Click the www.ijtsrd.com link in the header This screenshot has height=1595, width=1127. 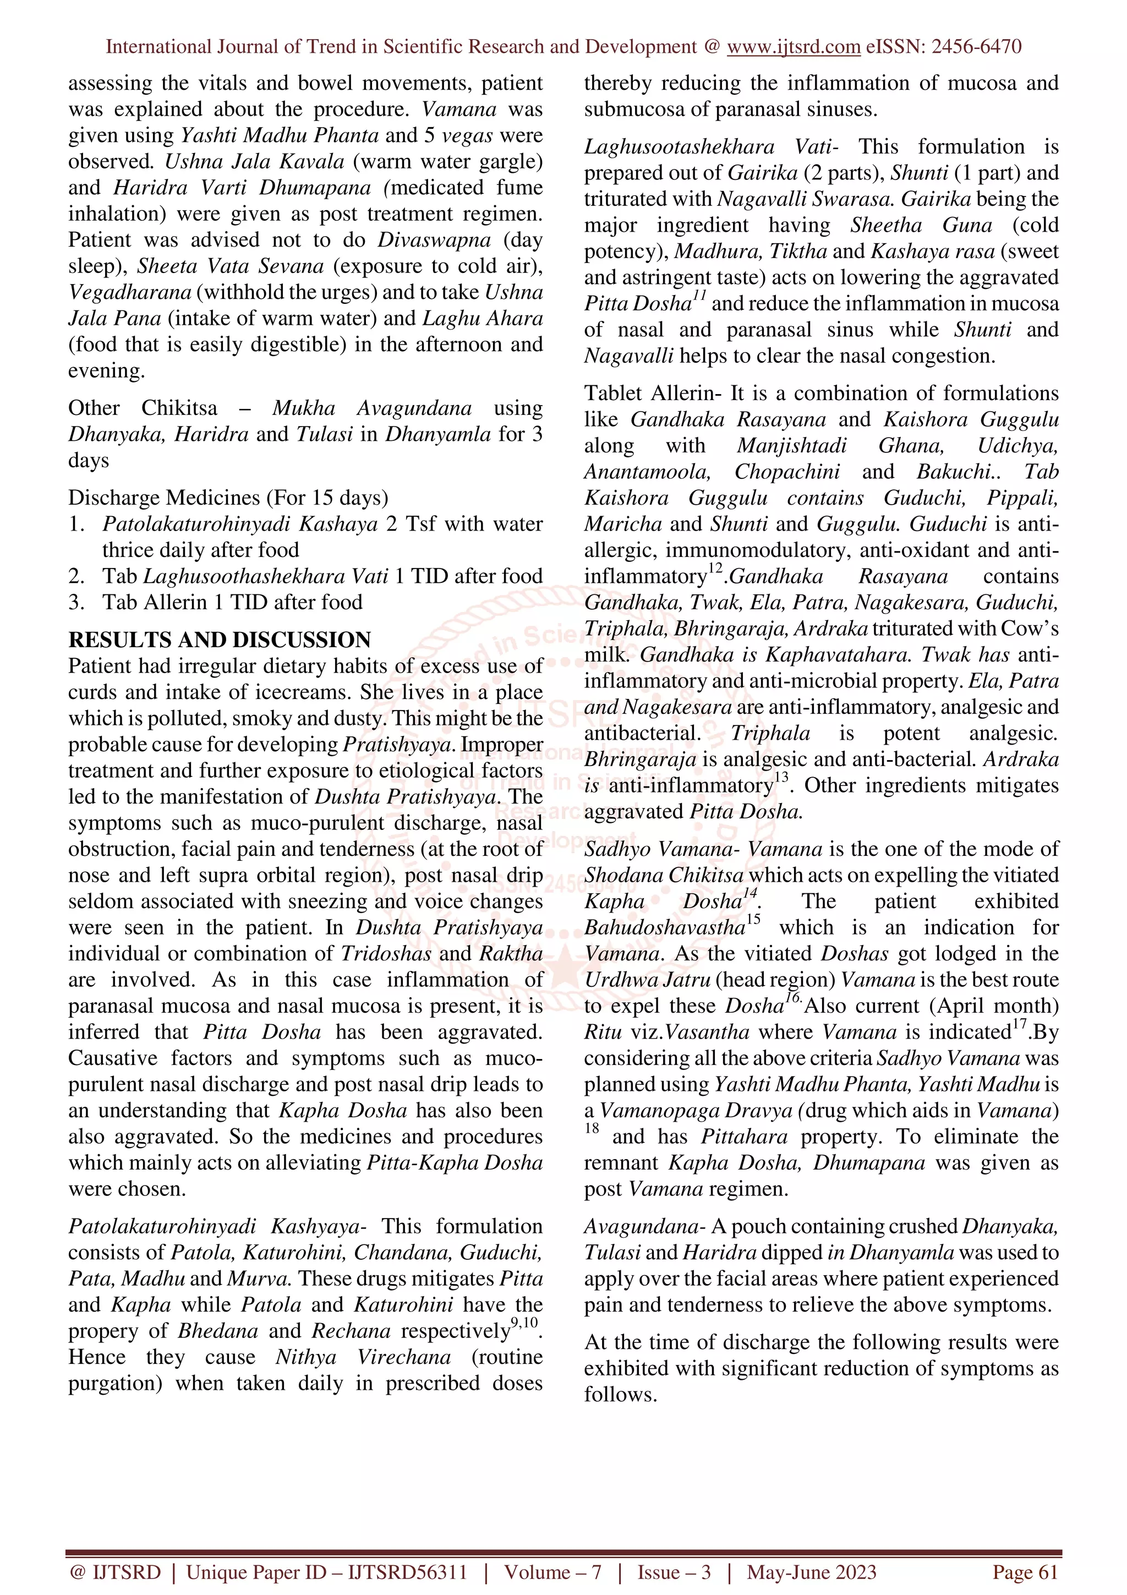click(793, 47)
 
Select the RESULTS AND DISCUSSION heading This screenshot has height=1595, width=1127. click(220, 639)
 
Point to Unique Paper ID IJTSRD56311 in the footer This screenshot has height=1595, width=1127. click(326, 1572)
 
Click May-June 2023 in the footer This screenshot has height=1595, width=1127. click(811, 1572)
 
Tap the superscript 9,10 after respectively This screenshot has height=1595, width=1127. click(527, 1322)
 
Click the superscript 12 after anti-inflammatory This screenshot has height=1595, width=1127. click(715, 570)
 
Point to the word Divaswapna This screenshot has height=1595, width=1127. click(434, 239)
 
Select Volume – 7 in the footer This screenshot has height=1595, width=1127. click(552, 1572)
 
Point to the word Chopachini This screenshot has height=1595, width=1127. click(787, 472)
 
